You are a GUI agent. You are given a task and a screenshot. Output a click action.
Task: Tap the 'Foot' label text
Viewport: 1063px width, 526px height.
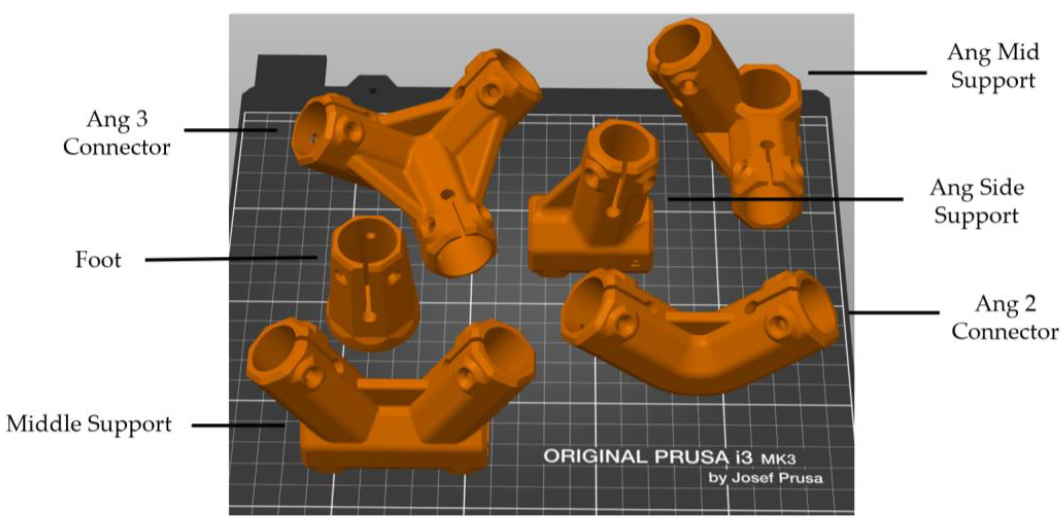click(98, 260)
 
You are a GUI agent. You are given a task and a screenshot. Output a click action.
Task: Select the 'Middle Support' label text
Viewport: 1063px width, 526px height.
click(89, 424)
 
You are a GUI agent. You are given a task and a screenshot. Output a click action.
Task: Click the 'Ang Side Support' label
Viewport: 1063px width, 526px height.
click(977, 201)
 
